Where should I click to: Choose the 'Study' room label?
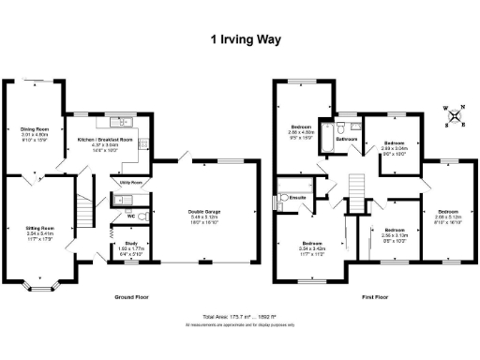pos(119,246)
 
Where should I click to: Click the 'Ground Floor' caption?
pos(134,297)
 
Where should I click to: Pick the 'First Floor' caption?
pos(375,297)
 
